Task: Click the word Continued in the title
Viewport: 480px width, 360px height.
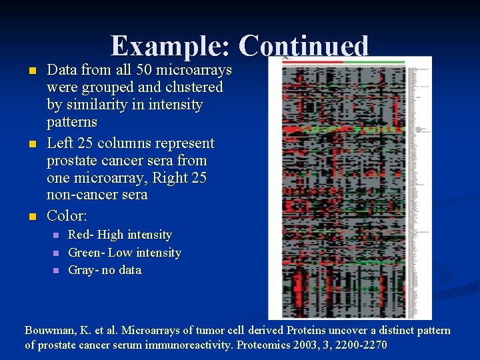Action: [303, 46]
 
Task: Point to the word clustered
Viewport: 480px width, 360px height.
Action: [189, 87]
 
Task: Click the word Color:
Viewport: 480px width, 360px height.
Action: [67, 216]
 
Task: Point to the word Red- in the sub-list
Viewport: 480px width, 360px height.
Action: [81, 235]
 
